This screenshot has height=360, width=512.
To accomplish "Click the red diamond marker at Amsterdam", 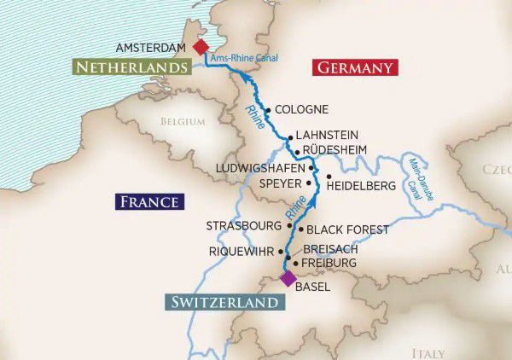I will (201, 47).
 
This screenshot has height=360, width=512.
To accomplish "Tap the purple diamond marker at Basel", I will (288, 278).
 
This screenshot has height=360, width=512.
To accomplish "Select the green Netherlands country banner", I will (131, 67).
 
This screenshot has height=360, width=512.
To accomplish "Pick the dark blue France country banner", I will (149, 201).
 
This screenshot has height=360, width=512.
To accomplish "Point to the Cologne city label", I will (303, 110).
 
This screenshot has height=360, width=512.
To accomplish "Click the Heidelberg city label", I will (362, 184).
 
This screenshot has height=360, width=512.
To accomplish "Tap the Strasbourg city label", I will (243, 226).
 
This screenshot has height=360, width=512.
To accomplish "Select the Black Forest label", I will (347, 229).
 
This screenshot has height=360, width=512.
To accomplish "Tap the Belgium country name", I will (183, 122).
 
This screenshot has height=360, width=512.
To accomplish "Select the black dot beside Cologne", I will (268, 109).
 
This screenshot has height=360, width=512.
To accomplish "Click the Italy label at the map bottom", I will (428, 352).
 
